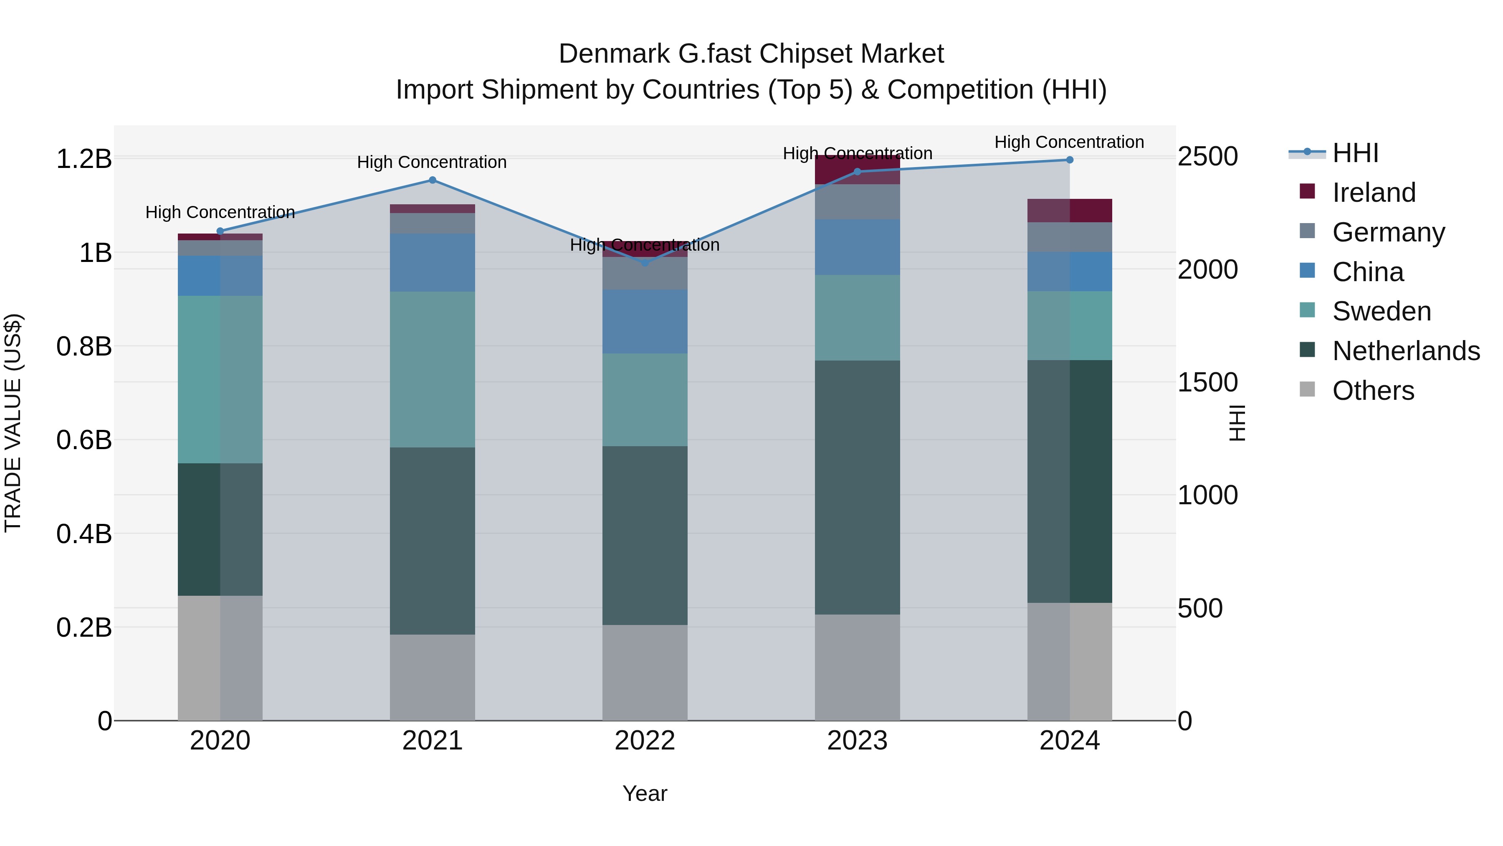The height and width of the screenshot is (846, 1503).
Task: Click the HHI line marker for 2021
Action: pyautogui.click(x=433, y=180)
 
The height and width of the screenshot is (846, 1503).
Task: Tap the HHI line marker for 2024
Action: pyautogui.click(x=1070, y=160)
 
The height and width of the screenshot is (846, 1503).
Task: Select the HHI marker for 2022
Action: pyautogui.click(x=645, y=263)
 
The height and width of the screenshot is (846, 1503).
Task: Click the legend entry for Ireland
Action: pyautogui.click(x=1374, y=192)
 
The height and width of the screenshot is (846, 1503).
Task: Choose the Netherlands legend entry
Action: pyautogui.click(x=1406, y=351)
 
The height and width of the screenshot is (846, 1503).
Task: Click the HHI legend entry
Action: pyautogui.click(x=1355, y=152)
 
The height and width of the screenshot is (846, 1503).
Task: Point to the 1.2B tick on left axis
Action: pyautogui.click(x=83, y=159)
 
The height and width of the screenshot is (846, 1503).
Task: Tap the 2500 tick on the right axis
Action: pyautogui.click(x=1207, y=157)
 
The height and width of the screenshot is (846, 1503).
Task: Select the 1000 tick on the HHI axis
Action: pyautogui.click(x=1207, y=495)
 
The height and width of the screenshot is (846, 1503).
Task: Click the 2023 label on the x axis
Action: pyautogui.click(x=857, y=741)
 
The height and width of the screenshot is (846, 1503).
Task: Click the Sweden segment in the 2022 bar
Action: pyautogui.click(x=645, y=399)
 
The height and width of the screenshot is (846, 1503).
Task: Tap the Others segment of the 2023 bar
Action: pyautogui.click(x=857, y=667)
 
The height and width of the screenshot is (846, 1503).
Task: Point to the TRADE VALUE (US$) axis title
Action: pyautogui.click(x=13, y=423)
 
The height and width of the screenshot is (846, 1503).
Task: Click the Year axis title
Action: pyautogui.click(x=644, y=793)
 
